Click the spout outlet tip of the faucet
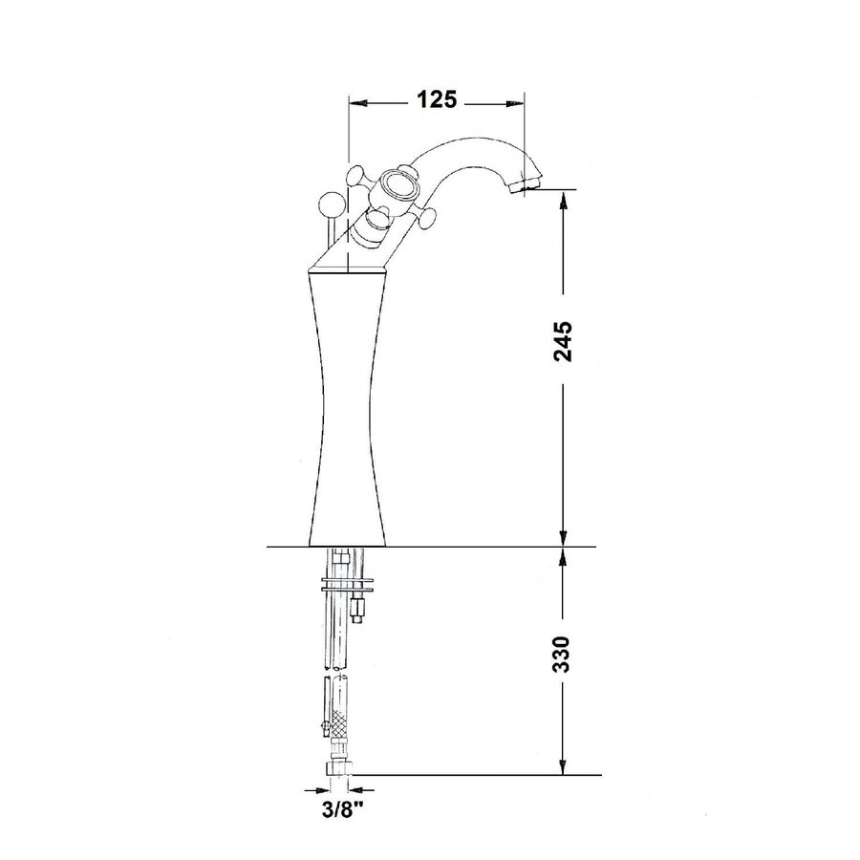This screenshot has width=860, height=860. point(527,185)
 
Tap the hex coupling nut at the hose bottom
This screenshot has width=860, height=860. point(336,766)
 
